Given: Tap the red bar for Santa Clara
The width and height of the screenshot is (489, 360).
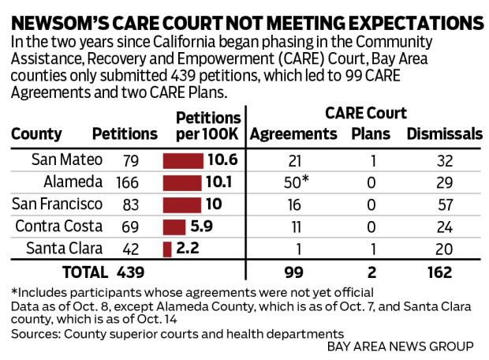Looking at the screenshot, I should tap(167, 249).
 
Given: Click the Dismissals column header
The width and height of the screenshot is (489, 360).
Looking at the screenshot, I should tap(444, 134).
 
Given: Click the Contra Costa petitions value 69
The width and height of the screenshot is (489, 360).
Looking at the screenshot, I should tap(131, 227).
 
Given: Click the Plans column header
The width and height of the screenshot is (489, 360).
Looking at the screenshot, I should tap(371, 134).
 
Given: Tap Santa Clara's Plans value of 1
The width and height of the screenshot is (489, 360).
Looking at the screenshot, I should tap(371, 249).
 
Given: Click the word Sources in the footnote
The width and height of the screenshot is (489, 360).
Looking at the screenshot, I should tap(34, 334).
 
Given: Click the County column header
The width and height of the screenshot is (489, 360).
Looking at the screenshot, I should tap(36, 134).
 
